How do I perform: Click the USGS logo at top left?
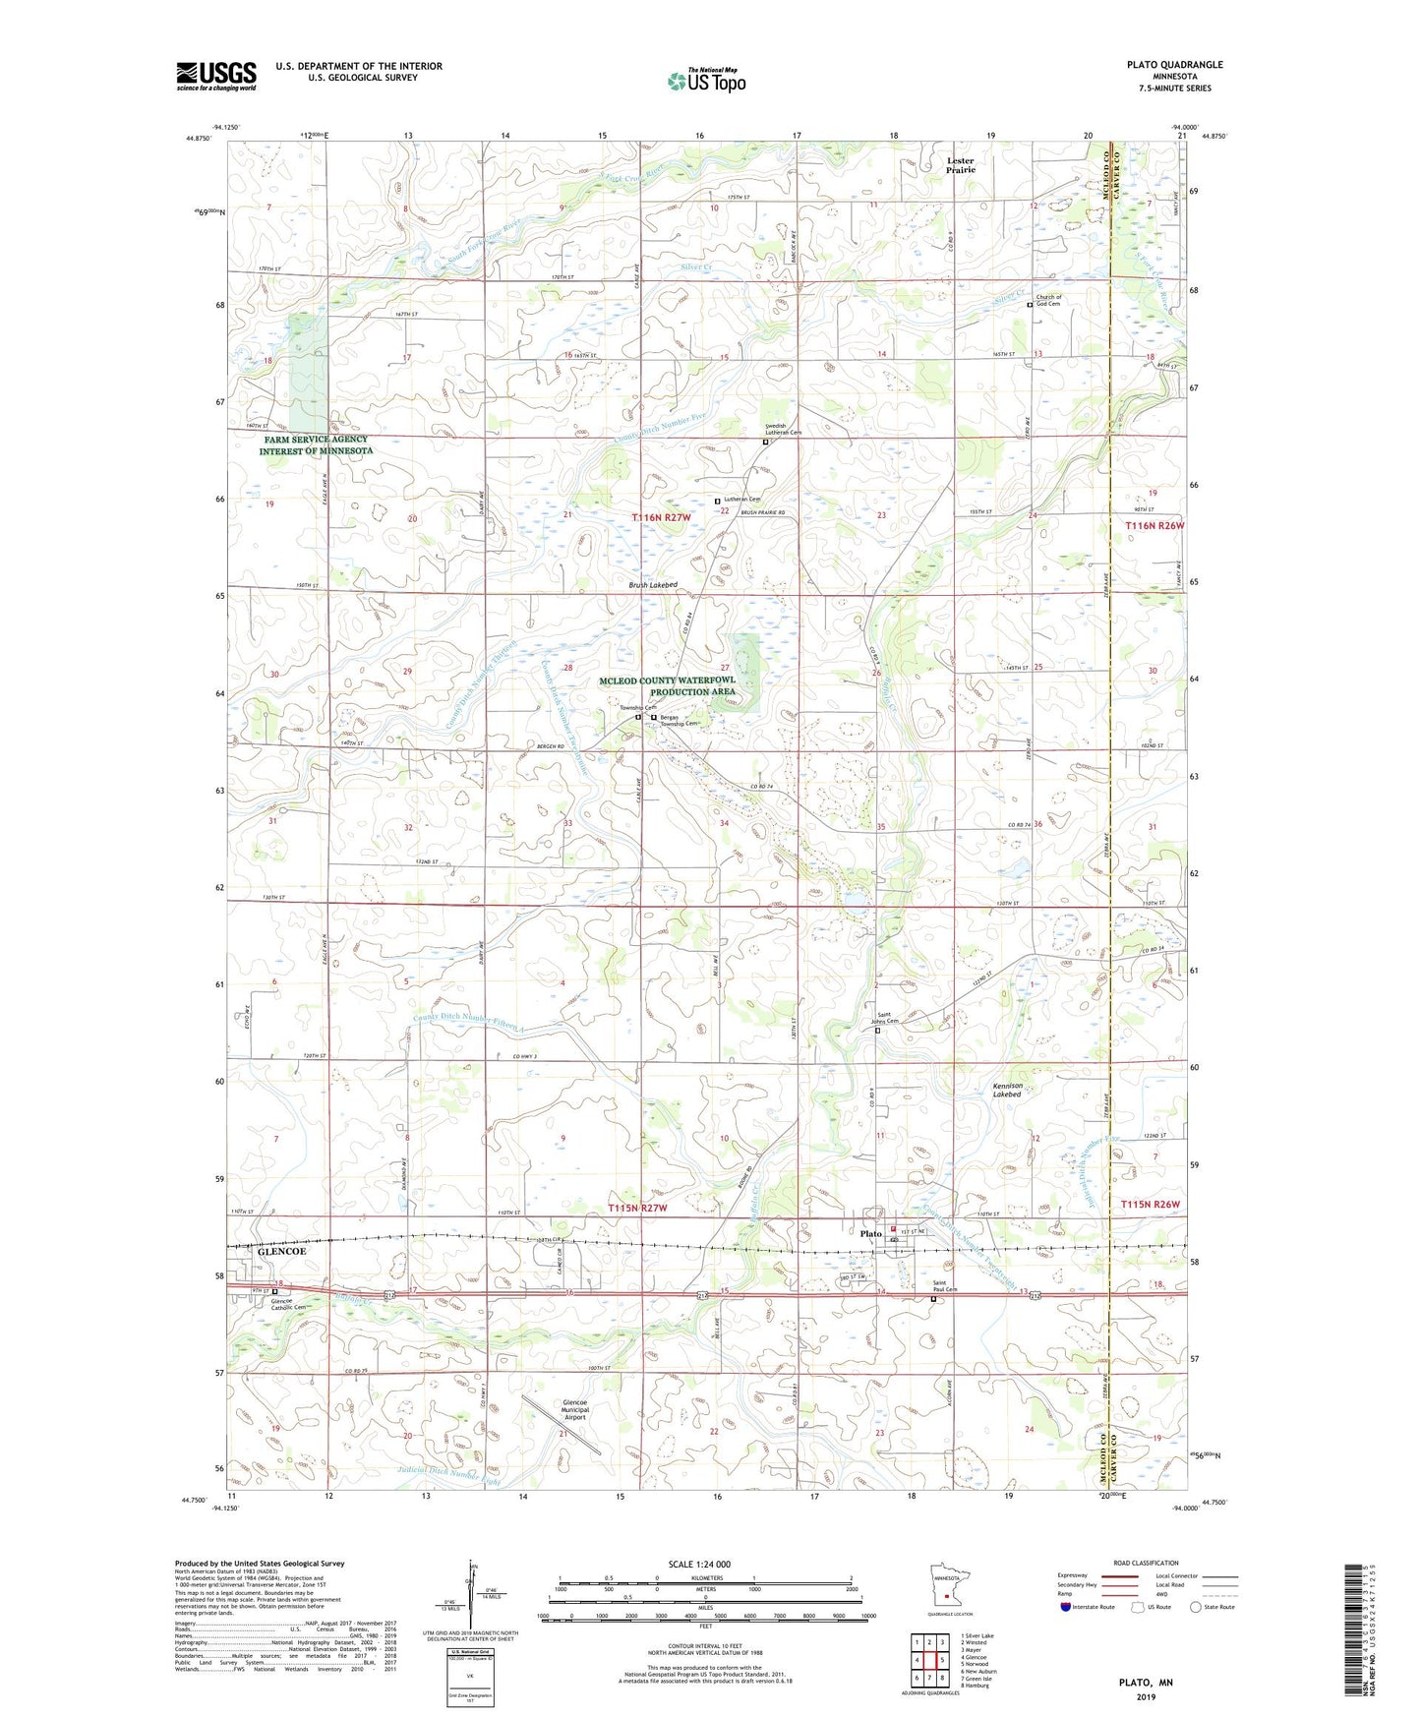(x=216, y=76)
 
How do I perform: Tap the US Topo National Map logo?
(x=705, y=80)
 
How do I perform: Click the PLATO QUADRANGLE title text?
(x=1174, y=65)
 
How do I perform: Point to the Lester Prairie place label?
(x=960, y=165)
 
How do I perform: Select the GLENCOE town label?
(x=281, y=1252)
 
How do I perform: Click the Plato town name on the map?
(x=870, y=1233)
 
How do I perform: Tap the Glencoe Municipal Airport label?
(x=574, y=1411)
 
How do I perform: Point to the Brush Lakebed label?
(x=653, y=585)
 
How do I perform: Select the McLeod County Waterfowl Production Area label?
(x=668, y=685)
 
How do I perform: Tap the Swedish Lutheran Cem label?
(x=784, y=430)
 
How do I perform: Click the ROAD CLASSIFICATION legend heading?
(x=1147, y=1563)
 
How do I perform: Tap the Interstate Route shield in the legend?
(x=1067, y=1607)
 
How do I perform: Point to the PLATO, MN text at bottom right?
(x=1146, y=1683)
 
